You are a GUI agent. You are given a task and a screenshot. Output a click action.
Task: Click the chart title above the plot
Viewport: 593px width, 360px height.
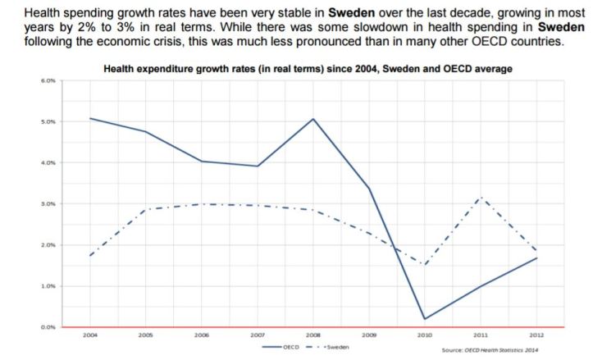click(x=308, y=70)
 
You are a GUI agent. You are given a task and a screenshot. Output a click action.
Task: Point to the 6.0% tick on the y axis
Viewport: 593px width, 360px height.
click(x=46, y=81)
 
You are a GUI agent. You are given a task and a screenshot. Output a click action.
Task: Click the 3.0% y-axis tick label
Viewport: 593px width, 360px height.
click(x=46, y=203)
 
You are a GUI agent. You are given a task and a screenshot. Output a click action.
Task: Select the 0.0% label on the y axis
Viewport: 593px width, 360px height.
click(x=46, y=327)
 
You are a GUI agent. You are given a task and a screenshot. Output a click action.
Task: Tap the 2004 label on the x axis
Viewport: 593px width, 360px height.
click(x=89, y=335)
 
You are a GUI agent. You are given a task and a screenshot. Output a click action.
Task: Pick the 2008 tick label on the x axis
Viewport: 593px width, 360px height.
click(x=313, y=335)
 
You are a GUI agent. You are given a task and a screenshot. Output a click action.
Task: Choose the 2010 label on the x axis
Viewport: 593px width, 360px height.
click(x=425, y=335)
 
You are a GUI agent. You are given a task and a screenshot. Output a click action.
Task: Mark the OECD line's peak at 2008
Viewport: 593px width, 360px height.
click(x=313, y=119)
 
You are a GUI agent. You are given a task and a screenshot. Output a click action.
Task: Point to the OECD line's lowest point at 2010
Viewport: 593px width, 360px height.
click(x=425, y=319)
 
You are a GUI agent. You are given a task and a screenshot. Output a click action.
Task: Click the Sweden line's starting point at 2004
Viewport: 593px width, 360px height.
click(x=89, y=256)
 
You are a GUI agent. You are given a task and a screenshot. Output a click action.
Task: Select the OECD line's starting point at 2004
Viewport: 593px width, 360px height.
click(x=89, y=118)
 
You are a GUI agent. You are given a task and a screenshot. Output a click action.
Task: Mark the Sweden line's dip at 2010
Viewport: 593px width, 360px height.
click(x=425, y=265)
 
